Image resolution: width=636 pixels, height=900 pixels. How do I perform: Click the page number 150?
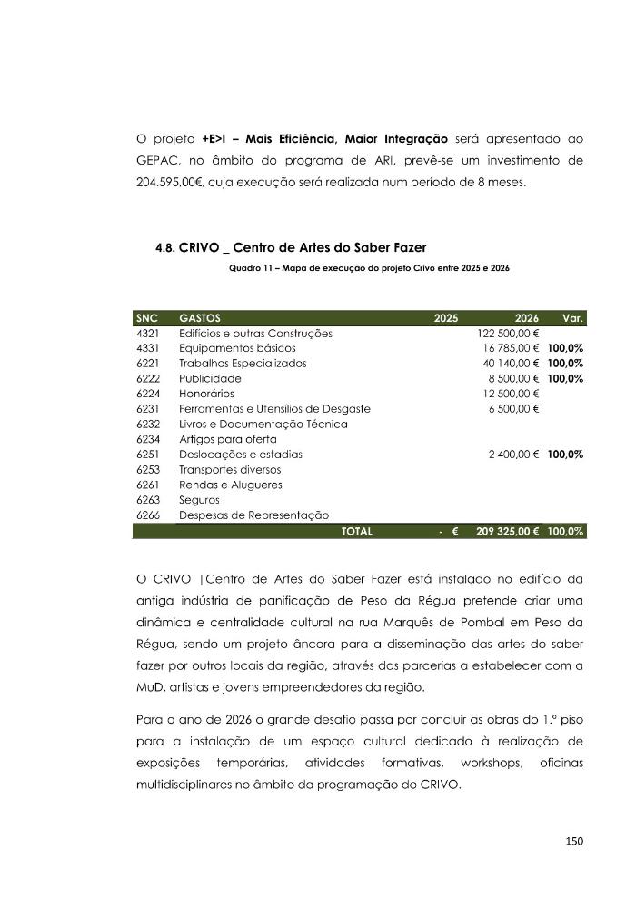tap(573, 841)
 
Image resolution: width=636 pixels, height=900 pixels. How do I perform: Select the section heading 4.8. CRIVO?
tap(291, 247)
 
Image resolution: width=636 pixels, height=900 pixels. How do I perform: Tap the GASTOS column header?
tap(200, 318)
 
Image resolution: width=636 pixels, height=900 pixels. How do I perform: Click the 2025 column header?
tap(446, 318)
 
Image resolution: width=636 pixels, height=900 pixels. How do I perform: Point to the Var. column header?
tap(572, 318)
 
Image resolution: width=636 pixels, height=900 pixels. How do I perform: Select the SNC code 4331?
tap(147, 348)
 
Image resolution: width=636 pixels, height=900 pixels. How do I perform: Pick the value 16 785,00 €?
tap(511, 348)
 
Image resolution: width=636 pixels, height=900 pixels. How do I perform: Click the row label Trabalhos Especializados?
tap(243, 363)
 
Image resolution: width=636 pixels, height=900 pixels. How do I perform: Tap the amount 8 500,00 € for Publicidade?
tap(513, 378)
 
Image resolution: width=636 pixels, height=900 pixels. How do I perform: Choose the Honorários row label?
tap(206, 394)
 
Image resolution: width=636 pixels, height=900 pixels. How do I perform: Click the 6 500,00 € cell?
tap(513, 408)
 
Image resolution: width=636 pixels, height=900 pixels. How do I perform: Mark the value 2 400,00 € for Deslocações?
tap(513, 454)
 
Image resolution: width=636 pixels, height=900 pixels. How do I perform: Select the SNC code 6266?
tap(147, 515)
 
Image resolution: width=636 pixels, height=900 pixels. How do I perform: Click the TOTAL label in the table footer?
tap(356, 531)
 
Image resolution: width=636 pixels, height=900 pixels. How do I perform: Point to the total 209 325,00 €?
tap(507, 531)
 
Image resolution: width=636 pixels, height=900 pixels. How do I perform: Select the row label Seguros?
tap(200, 499)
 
